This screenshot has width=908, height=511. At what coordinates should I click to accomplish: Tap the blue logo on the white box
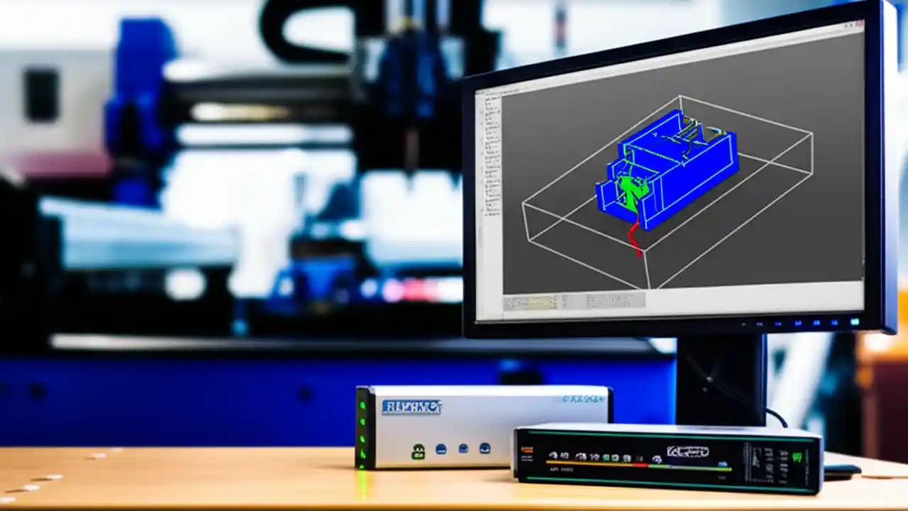point(411,407)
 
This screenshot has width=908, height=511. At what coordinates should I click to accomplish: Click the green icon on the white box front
point(419,451)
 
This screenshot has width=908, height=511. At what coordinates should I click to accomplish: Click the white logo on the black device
point(687,451)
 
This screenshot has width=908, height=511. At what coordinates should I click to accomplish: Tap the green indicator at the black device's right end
point(797,456)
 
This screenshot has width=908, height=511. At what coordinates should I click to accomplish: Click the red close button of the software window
point(857,26)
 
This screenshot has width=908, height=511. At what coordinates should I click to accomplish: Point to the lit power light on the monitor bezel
point(854,322)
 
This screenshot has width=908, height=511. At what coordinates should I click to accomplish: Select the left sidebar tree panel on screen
point(489,192)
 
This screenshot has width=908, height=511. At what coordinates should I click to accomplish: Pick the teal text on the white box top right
point(582,400)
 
